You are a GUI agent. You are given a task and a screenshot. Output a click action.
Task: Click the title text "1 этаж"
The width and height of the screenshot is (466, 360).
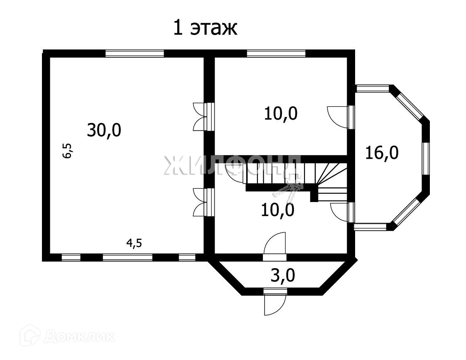[205, 29]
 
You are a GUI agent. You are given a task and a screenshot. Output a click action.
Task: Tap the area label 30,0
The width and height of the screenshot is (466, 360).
[104, 130]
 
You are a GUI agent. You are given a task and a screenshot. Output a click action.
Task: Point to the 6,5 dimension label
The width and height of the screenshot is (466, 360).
[67, 150]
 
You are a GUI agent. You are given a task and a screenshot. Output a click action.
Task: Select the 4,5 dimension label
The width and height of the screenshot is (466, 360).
[134, 243]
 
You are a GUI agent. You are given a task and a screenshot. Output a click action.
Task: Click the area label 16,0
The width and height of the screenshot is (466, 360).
[382, 153]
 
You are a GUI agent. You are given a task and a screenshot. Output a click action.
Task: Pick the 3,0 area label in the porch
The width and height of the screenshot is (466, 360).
[283, 276]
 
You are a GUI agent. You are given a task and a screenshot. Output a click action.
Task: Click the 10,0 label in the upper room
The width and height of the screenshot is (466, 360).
[281, 113]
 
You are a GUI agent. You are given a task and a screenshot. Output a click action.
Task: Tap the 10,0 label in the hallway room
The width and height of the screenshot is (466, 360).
[278, 210]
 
